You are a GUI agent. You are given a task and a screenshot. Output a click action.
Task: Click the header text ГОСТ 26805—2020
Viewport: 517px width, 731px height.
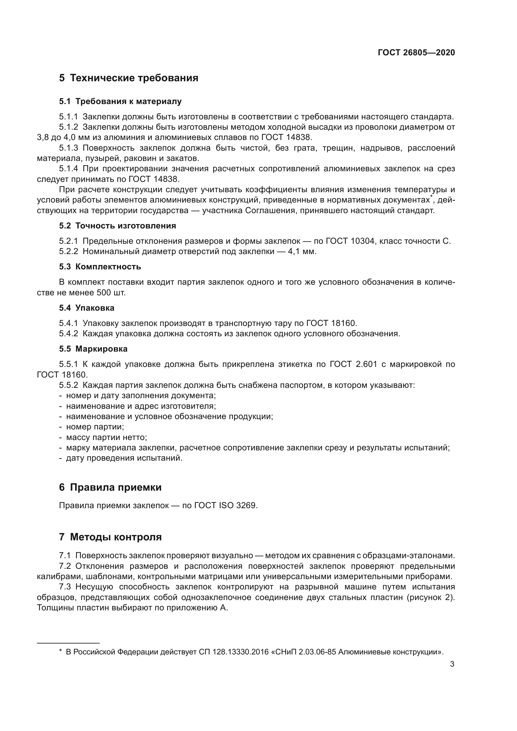(416, 53)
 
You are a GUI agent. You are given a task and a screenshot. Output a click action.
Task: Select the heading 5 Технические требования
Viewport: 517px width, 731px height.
(128, 78)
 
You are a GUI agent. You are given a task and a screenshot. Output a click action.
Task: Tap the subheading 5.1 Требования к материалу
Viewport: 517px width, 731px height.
(120, 102)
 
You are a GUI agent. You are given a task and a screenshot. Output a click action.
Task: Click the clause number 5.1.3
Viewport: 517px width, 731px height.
(68, 148)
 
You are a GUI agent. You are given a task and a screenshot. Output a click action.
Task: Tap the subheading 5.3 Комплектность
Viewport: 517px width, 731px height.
(100, 267)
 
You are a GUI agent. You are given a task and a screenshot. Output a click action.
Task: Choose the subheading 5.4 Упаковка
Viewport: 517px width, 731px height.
(86, 308)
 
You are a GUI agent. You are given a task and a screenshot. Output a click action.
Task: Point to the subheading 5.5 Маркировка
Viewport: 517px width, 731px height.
(93, 349)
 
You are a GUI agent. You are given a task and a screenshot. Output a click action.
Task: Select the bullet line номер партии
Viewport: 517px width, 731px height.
(95, 427)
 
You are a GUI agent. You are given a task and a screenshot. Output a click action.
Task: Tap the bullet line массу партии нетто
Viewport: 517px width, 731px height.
(106, 437)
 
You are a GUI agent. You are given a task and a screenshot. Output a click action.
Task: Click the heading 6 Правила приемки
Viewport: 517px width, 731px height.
(110, 488)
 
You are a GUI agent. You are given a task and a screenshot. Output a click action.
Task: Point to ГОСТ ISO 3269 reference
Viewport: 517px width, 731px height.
(225, 506)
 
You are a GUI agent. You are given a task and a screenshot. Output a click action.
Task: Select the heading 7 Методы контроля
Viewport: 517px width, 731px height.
(110, 537)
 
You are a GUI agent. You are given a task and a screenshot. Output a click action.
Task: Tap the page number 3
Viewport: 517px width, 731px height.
(452, 664)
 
